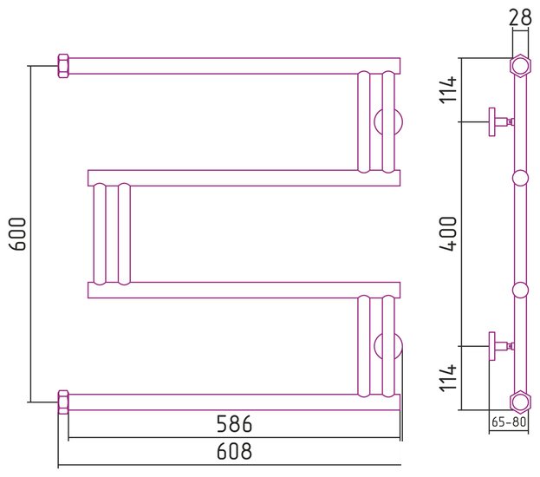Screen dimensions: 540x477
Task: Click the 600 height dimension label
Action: pyautogui.click(x=17, y=233)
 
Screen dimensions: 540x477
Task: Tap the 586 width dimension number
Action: pyautogui.click(x=234, y=424)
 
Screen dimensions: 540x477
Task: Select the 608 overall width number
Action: pyautogui.click(x=234, y=451)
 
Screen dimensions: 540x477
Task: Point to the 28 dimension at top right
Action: pyautogui.click(x=520, y=17)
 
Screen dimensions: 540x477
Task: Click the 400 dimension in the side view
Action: pyautogui.click(x=448, y=233)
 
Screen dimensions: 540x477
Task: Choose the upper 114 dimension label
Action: pyautogui.click(x=448, y=90)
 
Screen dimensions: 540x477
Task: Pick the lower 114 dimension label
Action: pyautogui.click(x=448, y=378)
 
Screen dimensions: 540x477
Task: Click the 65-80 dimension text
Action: pyautogui.click(x=509, y=421)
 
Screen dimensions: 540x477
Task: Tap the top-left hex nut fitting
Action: pyautogui.click(x=63, y=66)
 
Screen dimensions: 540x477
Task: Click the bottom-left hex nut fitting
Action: pyautogui.click(x=63, y=402)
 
